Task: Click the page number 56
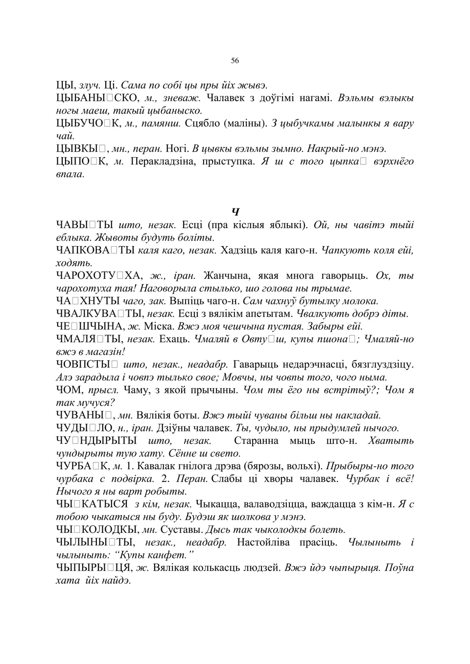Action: point(235,61)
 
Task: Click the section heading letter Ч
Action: point(235,212)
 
